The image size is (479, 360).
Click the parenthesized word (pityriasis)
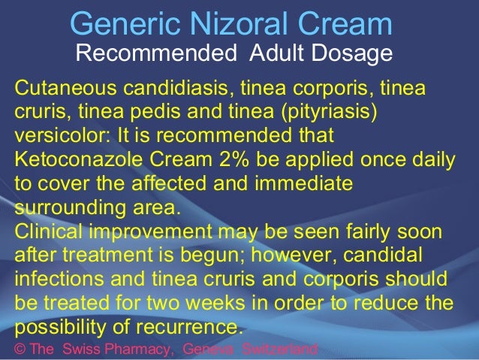333,111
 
